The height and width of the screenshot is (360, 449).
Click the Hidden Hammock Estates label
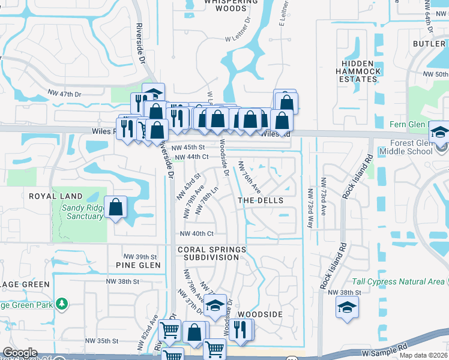tap(361, 71)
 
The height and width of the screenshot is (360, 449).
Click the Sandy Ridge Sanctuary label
tap(82, 212)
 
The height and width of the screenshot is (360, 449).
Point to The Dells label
tap(261, 200)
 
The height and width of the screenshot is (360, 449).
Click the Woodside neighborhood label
tap(260, 314)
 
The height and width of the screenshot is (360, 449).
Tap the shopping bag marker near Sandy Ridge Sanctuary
tap(116, 208)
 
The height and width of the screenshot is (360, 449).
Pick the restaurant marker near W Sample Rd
tap(241, 329)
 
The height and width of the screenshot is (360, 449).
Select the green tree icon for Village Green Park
tap(62, 304)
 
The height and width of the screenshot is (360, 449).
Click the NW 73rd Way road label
tap(310, 208)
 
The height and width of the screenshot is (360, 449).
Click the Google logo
tap(20, 353)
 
